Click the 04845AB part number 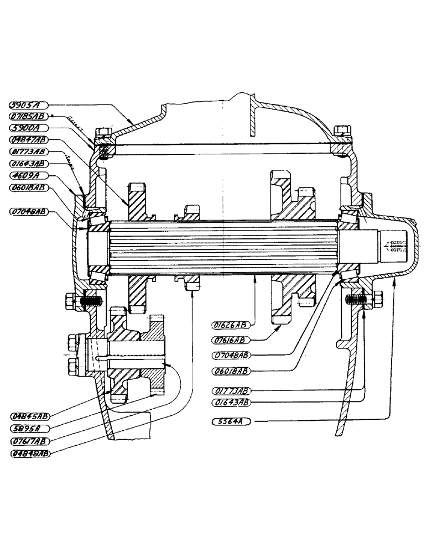[30, 415]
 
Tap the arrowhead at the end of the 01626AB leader [254, 278]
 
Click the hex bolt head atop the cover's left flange [103, 134]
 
